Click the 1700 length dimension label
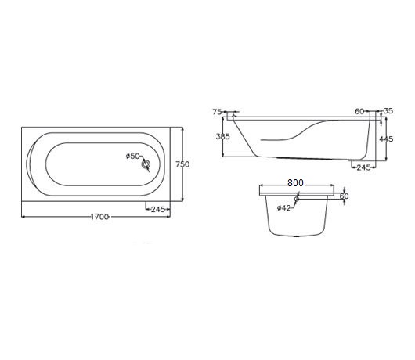coord(99,217)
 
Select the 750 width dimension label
coord(182,164)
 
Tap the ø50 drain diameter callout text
coord(132,156)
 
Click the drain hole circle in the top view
coord(146,165)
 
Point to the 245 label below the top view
coord(158,210)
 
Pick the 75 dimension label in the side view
coord(217,112)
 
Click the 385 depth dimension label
coord(223,136)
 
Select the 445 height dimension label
coord(386,139)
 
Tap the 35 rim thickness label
coord(388,111)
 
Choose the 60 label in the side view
coord(359,111)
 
